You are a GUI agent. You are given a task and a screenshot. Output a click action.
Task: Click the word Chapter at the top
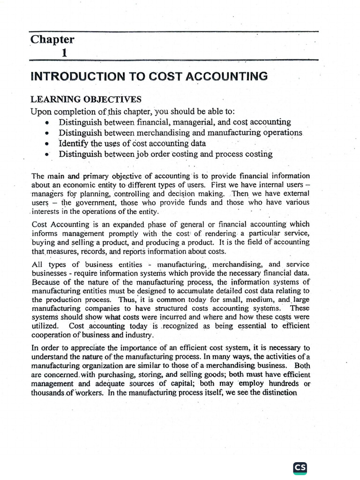(x=52, y=40)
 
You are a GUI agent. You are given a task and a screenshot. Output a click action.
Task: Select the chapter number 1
(x=64, y=53)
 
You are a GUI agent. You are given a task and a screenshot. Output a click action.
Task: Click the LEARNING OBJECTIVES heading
(x=85, y=99)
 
